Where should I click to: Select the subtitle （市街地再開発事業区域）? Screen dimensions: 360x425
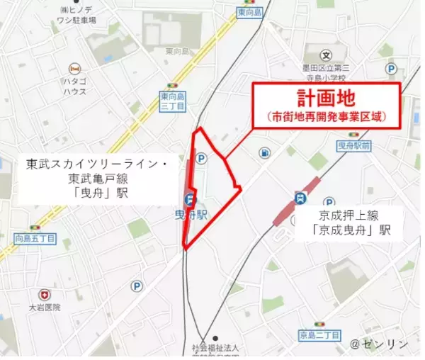pos(328,116)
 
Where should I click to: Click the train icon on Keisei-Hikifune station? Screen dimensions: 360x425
pos(302,199)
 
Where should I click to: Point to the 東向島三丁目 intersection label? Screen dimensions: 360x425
pos(174,101)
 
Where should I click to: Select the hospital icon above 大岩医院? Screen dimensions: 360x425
pos(45,293)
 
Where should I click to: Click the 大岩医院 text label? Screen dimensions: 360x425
pos(45,307)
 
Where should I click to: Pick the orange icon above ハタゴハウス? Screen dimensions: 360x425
pos(74,69)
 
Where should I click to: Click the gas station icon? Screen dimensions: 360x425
pos(264,152)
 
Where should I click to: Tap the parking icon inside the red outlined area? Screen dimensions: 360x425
pos(201,158)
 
